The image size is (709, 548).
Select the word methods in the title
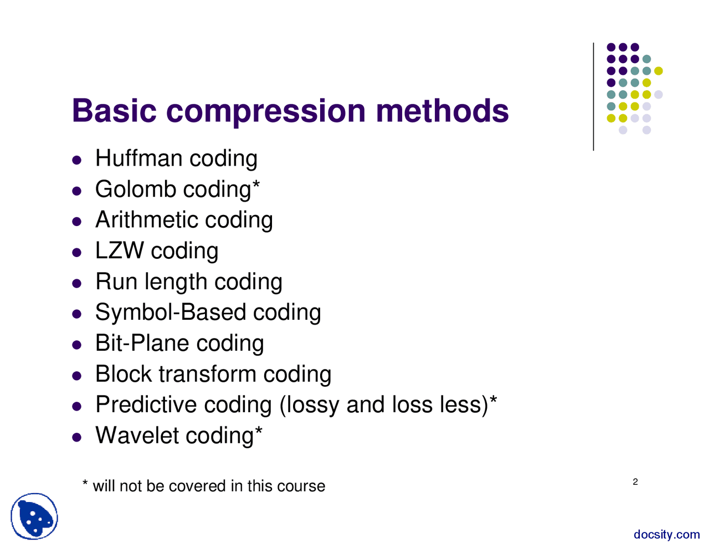click(x=442, y=111)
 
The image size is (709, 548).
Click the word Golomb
click(x=135, y=190)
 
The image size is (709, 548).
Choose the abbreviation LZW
click(x=119, y=251)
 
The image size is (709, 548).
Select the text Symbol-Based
click(x=171, y=313)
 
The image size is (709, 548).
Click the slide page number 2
click(x=635, y=482)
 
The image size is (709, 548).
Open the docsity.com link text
click(x=666, y=535)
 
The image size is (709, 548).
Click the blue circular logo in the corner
click(x=34, y=516)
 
